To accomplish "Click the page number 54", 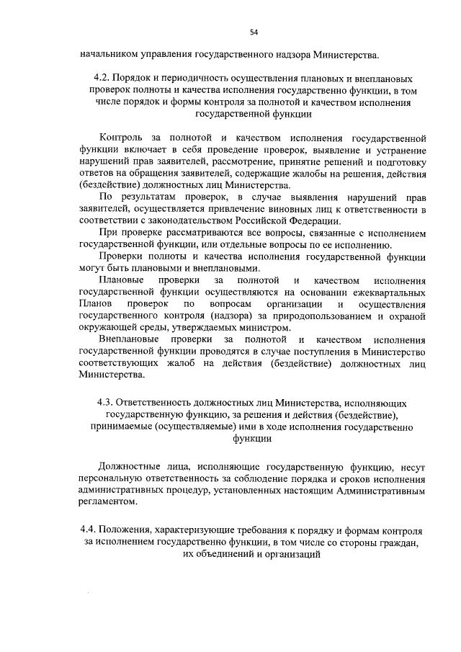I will coord(254,32).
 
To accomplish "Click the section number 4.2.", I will coord(102,78).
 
